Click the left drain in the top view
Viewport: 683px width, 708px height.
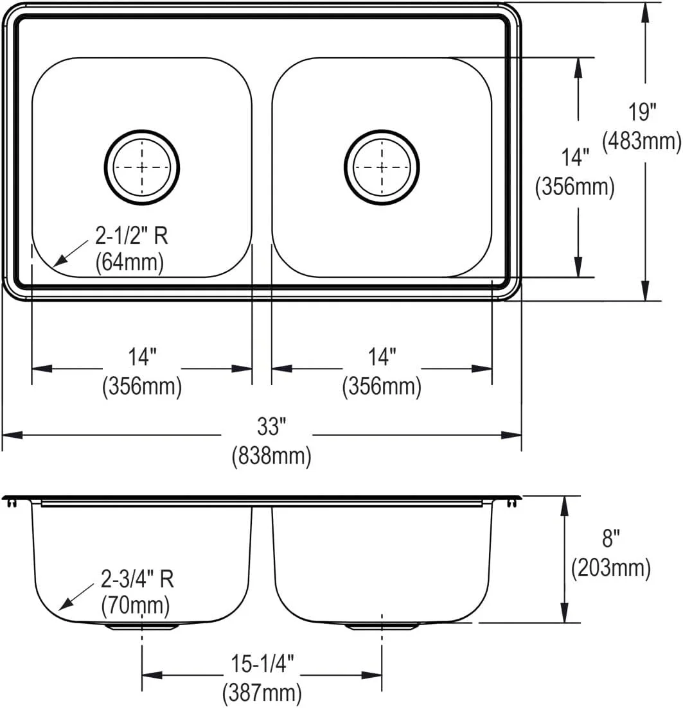142,168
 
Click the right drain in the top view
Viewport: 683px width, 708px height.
382,168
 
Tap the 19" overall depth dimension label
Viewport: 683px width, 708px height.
642,112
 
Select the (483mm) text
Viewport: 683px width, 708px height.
641,140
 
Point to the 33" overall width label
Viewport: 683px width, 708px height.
271,425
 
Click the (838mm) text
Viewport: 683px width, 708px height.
271,456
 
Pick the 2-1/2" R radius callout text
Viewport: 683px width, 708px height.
132,237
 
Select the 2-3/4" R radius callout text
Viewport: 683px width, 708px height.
137,580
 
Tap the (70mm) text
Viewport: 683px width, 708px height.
136,604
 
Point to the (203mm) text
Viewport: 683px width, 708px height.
610,567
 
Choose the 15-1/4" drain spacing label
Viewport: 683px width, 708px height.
262,663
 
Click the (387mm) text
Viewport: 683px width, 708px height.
262,693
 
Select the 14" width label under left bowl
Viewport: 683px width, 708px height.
142,356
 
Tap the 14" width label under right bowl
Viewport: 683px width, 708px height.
382,356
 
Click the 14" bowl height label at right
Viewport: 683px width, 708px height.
575,157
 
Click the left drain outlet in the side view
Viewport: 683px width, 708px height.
142,625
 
